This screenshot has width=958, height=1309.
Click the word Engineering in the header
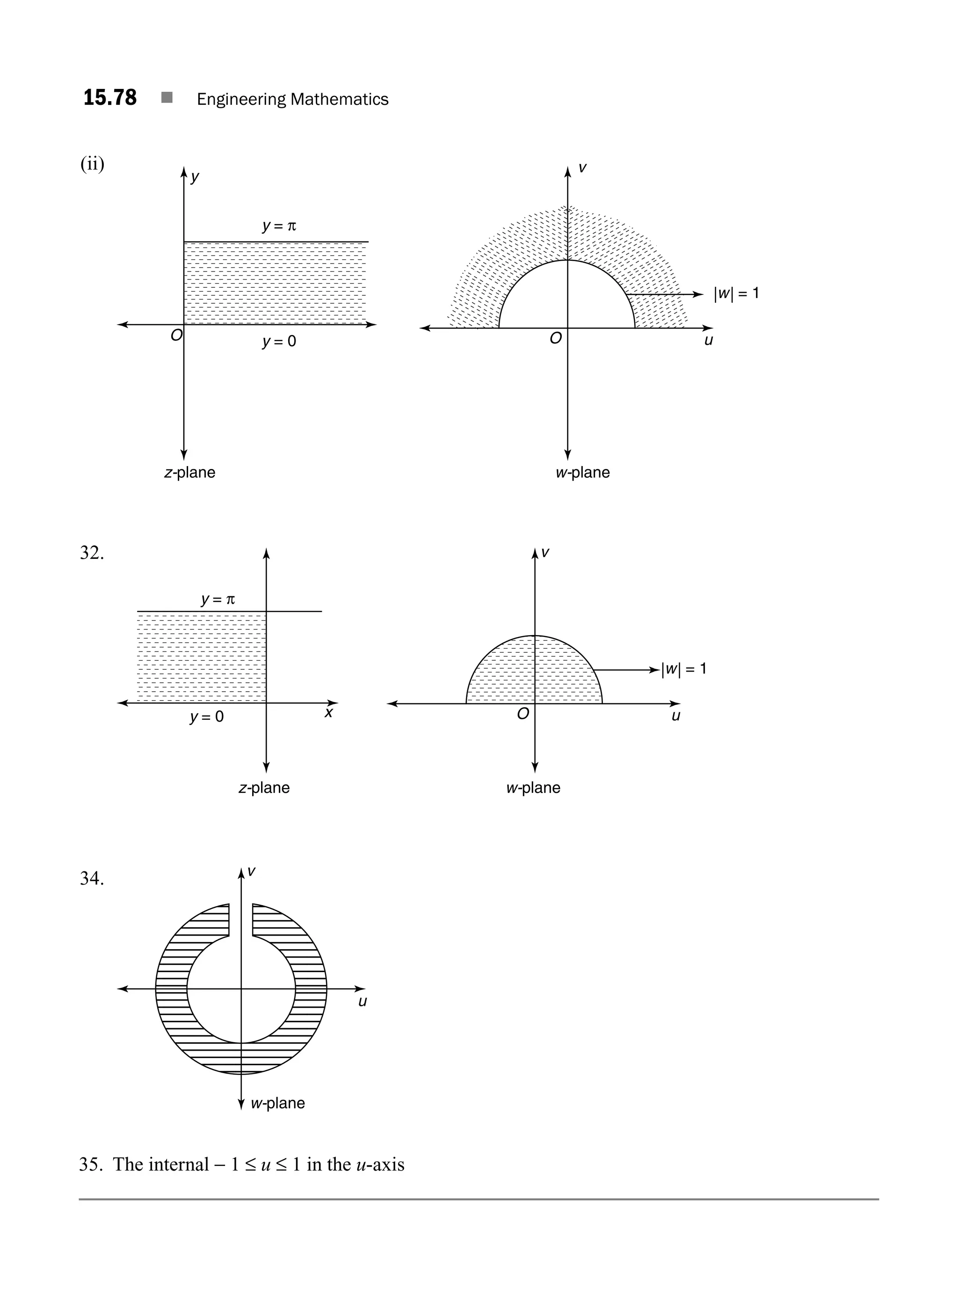pos(241,100)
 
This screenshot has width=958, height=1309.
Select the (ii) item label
pos(92,164)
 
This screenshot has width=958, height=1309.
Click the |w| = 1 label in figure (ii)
pos(736,293)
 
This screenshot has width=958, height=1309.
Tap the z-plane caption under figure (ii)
pos(189,472)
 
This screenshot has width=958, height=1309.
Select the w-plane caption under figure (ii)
pos(583,472)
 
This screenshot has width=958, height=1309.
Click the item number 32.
pos(92,553)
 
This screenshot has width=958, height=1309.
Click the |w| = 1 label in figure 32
pos(684,669)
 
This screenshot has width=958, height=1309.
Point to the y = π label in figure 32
pos(218,600)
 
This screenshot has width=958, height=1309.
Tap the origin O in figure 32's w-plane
pos(523,714)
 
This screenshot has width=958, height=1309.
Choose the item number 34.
pos(92,878)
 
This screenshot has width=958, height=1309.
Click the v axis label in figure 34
pos(252,871)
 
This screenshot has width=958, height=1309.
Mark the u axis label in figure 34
pos(363,1002)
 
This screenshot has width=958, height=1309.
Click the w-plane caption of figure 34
pos(278,1103)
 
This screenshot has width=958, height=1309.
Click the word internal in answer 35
pos(178,1164)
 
